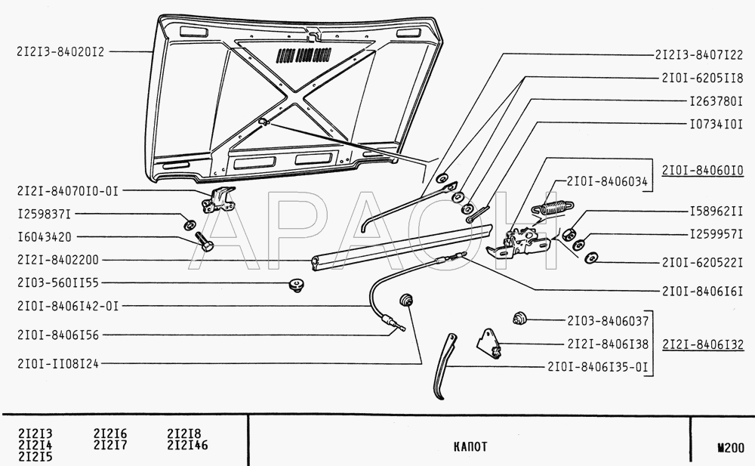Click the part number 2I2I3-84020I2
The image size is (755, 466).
[60, 51]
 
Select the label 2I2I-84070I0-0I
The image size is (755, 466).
[67, 191]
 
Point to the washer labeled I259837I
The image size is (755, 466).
[190, 224]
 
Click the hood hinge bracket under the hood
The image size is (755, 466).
[219, 200]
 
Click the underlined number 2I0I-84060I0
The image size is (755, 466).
[702, 171]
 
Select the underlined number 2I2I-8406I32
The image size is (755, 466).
[703, 344]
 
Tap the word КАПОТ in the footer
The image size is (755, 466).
[470, 446]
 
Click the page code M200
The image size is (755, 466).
[730, 448]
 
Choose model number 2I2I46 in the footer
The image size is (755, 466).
[187, 445]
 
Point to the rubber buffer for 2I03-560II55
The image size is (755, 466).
[297, 285]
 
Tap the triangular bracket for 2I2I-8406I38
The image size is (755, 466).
[488, 344]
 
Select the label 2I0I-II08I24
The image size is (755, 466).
[58, 364]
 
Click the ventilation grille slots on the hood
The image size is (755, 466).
[304, 56]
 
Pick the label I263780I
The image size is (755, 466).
[716, 101]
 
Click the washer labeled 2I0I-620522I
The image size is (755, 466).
[590, 258]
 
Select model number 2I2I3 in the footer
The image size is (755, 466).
[35, 434]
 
